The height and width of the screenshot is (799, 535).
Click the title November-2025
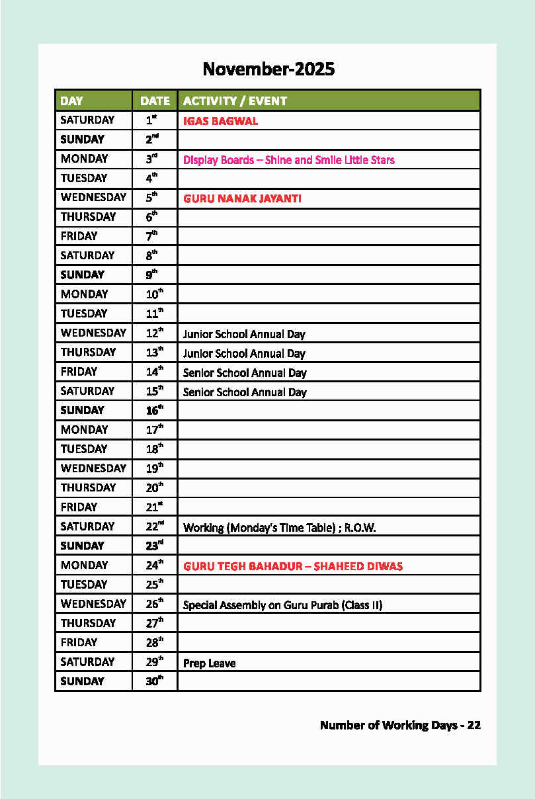(268, 69)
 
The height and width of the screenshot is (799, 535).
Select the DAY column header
(71, 101)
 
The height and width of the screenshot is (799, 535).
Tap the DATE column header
(155, 101)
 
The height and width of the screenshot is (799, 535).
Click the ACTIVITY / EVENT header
(235, 101)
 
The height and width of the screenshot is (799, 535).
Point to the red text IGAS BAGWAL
(220, 121)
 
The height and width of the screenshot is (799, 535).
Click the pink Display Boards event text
(288, 160)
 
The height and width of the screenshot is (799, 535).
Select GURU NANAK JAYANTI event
(242, 198)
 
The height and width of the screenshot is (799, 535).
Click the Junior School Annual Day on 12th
(244, 334)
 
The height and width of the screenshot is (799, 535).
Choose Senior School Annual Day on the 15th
(245, 392)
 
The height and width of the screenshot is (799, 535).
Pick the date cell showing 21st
(154, 507)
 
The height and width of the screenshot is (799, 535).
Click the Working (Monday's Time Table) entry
(280, 528)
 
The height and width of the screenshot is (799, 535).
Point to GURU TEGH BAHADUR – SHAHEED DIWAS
(293, 566)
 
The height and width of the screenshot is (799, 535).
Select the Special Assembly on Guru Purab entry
(282, 605)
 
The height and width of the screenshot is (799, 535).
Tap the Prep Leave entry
(209, 663)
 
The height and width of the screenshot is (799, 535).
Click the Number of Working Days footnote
(400, 725)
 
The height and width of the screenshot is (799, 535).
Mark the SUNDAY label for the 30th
(82, 681)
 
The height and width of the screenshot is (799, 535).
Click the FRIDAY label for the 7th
(79, 236)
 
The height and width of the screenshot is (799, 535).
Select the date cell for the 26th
(154, 604)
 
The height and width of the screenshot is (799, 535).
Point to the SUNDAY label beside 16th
(82, 410)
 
